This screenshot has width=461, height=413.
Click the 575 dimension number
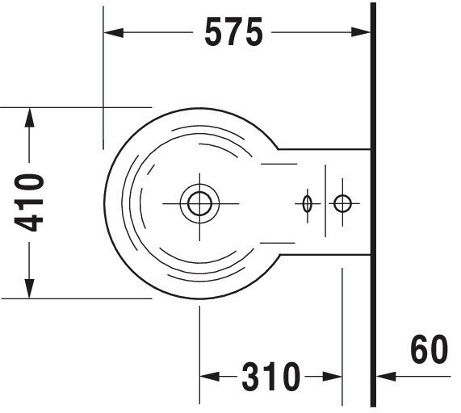point(233,31)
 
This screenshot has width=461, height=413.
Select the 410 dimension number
point(29,202)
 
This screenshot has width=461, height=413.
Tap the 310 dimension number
point(270,376)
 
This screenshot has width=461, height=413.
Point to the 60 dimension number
point(430,349)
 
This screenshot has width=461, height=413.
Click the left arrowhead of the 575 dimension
point(114,32)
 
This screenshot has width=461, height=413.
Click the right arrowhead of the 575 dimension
point(361,32)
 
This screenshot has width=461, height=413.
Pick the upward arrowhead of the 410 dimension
point(29,118)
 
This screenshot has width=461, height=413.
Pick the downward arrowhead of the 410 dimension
point(29,289)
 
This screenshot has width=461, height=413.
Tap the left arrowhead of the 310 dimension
point(210,376)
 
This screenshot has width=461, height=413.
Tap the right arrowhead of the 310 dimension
point(332,376)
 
